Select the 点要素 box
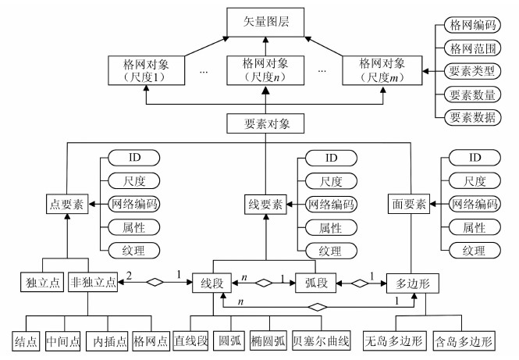click(65, 205)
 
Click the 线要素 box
click(264, 205)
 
